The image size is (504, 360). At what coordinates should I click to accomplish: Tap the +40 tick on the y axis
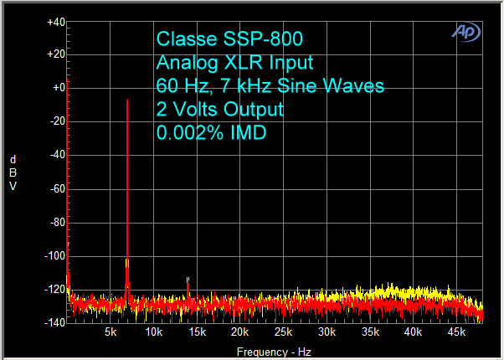[x=55, y=22]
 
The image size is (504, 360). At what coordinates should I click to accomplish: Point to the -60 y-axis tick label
[x=56, y=189]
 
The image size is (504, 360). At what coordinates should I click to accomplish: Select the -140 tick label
[x=54, y=323]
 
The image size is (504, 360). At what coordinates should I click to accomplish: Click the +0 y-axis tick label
[x=58, y=88]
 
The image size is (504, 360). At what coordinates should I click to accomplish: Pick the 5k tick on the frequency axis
[x=110, y=333]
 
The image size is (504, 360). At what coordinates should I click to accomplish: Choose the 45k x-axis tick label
[x=455, y=333]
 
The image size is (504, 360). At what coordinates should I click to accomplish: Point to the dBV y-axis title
[x=13, y=172]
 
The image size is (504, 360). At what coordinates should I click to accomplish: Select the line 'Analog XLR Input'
[x=234, y=62]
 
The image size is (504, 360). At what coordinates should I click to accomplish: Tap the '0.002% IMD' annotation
[x=210, y=132]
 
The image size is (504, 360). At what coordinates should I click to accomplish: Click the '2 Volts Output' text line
[x=219, y=109]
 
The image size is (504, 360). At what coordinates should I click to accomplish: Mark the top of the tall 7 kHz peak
[x=127, y=100]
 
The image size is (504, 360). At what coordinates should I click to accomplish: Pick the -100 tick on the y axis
[x=54, y=256]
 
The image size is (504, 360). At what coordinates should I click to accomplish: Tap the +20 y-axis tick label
[x=55, y=54]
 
